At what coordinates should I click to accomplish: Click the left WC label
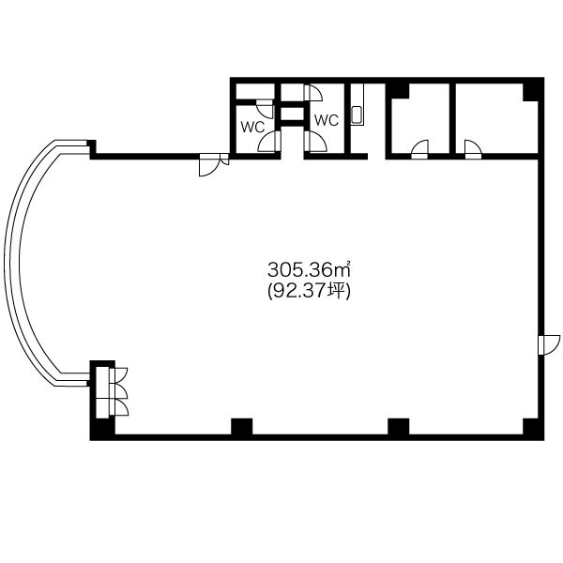[252, 127]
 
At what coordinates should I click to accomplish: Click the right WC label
[327, 120]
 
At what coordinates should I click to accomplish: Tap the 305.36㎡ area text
[309, 270]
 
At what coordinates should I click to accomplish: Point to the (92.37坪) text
[309, 291]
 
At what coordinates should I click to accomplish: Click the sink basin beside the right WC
[357, 114]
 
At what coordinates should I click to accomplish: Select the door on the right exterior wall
[549, 344]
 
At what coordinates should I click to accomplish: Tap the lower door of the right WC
[315, 141]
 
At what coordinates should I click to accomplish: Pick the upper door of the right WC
[313, 93]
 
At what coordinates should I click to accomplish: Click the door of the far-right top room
[473, 149]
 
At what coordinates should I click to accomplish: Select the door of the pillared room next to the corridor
[419, 149]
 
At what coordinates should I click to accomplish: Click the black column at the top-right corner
[533, 90]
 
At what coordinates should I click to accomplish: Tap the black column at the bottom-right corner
[533, 429]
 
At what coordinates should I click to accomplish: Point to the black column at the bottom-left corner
[102, 429]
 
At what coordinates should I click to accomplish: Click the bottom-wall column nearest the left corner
[242, 427]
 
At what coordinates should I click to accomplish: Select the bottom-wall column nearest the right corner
[399, 427]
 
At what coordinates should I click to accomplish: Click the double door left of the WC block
[214, 164]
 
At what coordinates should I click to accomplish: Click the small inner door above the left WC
[266, 109]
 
